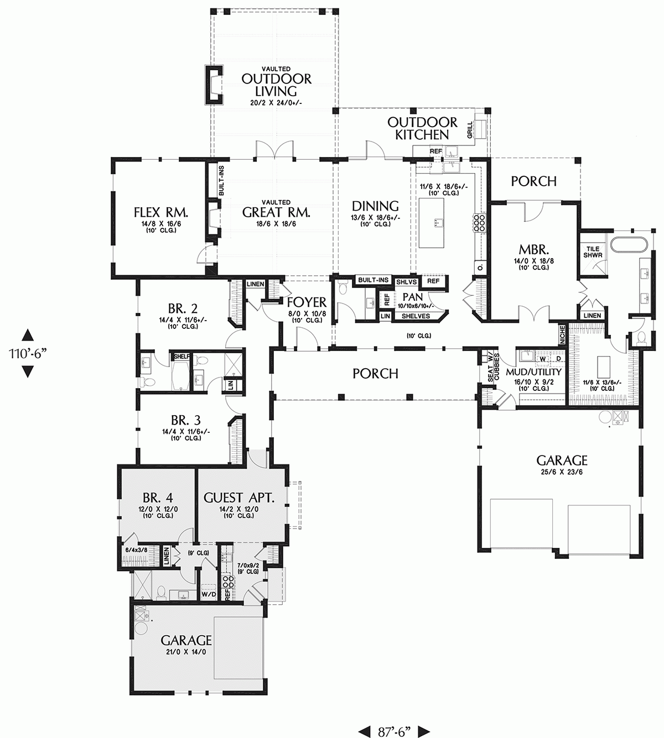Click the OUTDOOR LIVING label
pos(276,85)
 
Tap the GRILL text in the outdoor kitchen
pos(470,129)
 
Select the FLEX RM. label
pos(161,212)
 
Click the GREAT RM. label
pos(276,212)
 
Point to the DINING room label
pos(375,206)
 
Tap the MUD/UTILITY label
pos(537,372)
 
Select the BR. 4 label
pos(157,496)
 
